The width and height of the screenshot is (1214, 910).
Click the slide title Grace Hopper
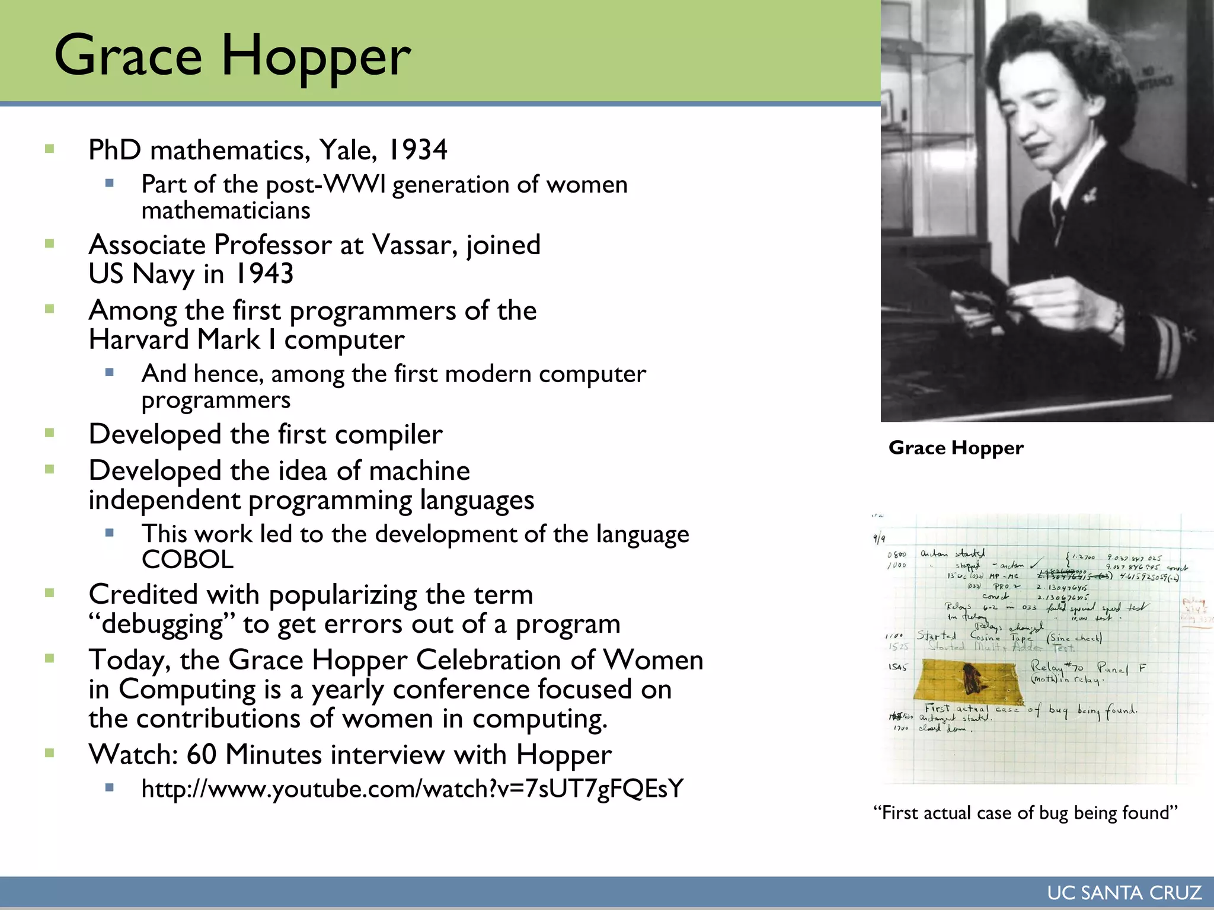click(x=232, y=56)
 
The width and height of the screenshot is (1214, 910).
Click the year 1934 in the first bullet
click(x=417, y=150)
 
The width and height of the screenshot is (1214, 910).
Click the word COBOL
click(x=187, y=560)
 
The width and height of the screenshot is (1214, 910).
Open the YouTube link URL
click(x=413, y=789)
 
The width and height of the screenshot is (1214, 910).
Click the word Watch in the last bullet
click(x=133, y=755)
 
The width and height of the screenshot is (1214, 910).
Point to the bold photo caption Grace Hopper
click(x=956, y=448)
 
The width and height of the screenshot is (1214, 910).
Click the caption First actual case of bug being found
click(x=1025, y=813)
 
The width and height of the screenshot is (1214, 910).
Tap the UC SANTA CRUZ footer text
click(x=1124, y=893)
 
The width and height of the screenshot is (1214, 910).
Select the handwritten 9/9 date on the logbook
click(x=879, y=539)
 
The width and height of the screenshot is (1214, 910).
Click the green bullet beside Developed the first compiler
click(x=50, y=434)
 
